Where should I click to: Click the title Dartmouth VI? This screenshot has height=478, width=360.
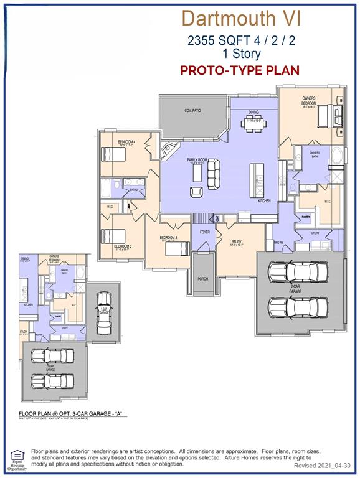click(x=241, y=19)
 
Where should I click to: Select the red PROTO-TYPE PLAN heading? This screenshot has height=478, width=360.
click(x=240, y=70)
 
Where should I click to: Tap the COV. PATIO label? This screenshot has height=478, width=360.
click(x=192, y=110)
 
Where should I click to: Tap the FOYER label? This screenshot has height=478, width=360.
click(x=204, y=232)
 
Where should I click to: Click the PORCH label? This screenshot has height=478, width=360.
click(x=202, y=279)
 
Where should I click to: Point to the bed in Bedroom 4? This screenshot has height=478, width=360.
click(x=114, y=154)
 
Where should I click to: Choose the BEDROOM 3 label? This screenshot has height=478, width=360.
click(x=123, y=246)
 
